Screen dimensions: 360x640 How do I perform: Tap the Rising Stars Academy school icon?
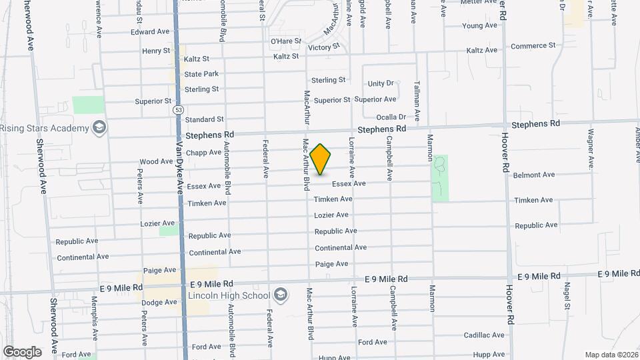click(99, 127)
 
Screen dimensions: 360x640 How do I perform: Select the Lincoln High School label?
click(228, 295)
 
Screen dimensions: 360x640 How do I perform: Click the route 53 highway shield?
click(177, 109)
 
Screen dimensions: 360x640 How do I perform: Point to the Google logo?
click(22, 351)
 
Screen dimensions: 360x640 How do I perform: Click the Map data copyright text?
click(610, 354)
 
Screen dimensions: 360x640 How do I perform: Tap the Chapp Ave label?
click(203, 152)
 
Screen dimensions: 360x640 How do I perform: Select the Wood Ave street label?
click(157, 162)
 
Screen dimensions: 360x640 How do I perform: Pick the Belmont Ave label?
click(534, 175)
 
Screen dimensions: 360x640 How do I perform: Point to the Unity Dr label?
click(381, 83)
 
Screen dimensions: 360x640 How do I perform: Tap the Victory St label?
click(324, 47)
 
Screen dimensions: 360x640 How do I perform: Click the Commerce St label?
click(533, 46)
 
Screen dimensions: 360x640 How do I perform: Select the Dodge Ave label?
click(161, 302)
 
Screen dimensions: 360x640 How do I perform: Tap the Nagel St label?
click(567, 295)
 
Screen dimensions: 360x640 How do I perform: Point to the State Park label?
click(201, 74)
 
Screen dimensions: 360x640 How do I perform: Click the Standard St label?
click(204, 119)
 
